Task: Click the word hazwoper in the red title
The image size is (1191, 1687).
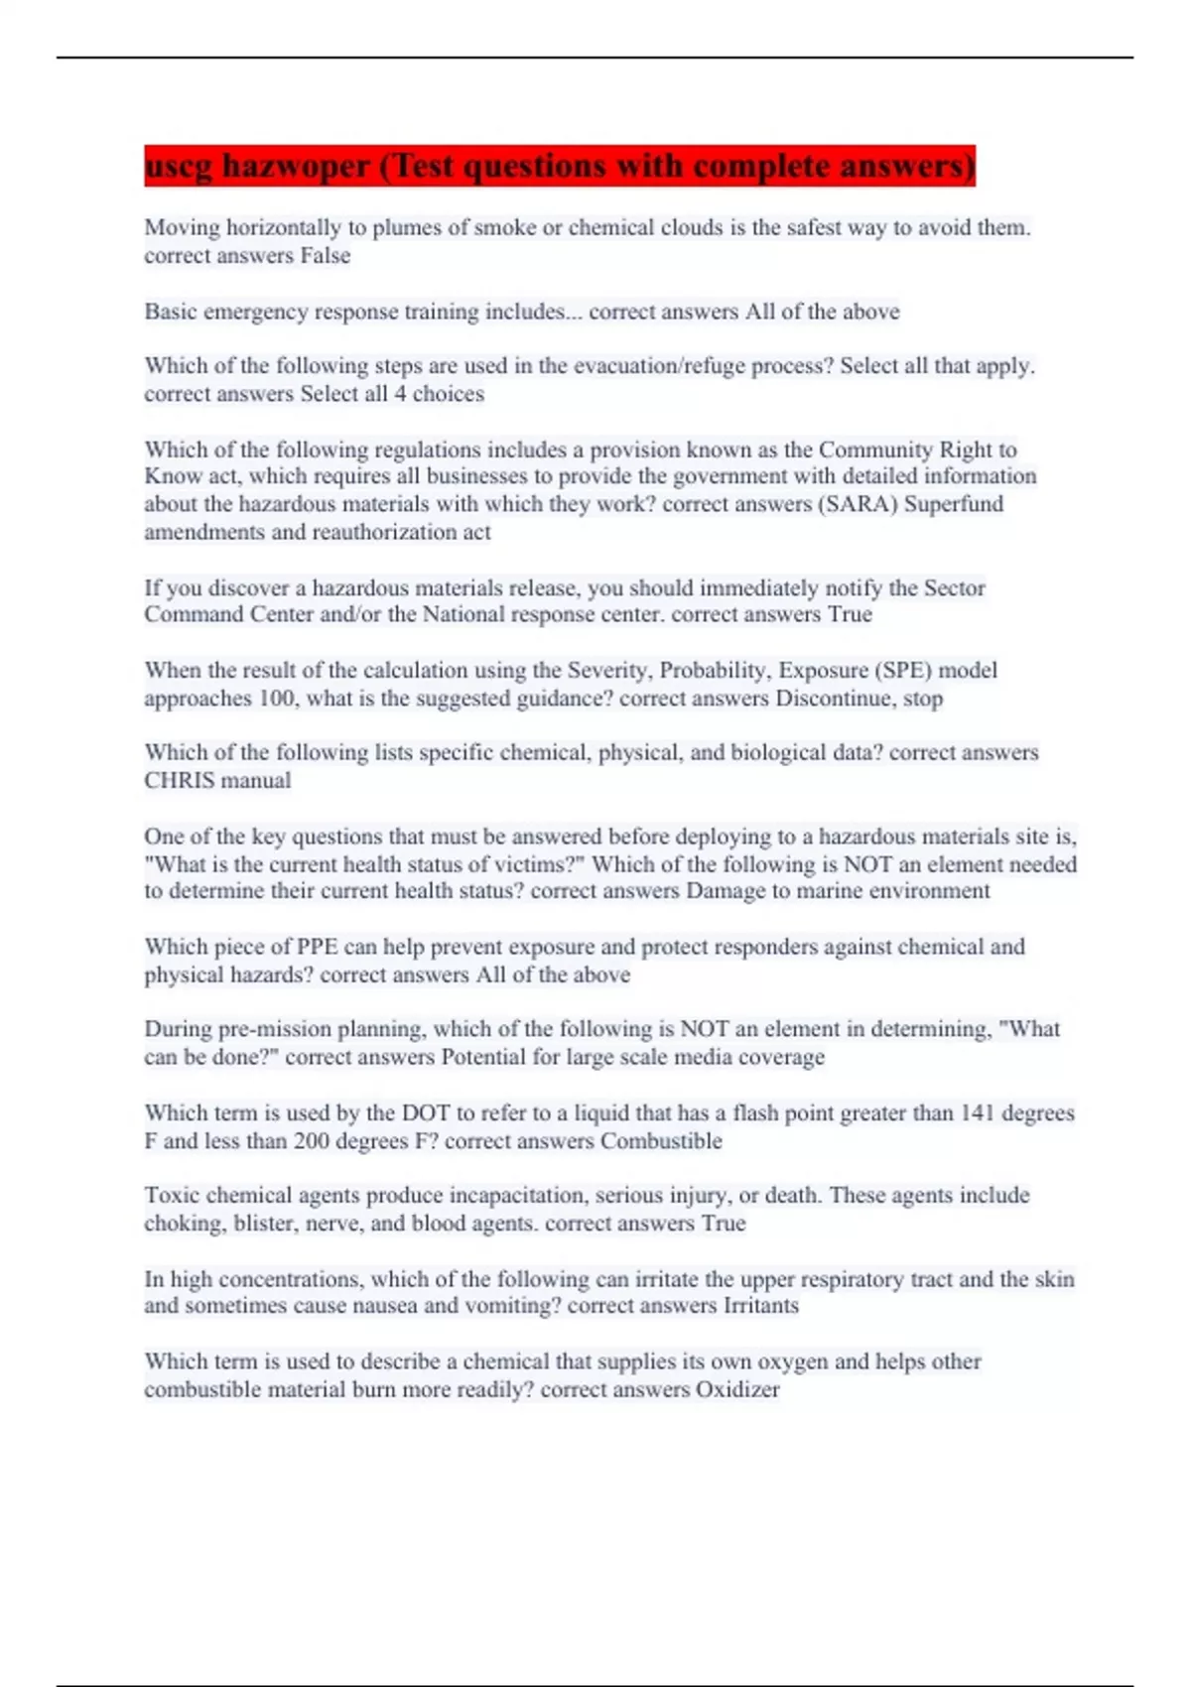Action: point(296,167)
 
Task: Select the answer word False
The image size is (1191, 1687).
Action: point(325,256)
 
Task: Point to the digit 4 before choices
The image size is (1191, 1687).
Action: point(399,394)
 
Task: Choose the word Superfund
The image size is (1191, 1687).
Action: point(953,504)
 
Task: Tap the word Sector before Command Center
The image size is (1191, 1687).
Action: point(954,587)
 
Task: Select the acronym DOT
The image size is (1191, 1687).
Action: point(424,1113)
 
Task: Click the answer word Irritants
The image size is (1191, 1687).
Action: point(760,1306)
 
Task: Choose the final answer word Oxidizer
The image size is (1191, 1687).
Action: point(737,1389)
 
